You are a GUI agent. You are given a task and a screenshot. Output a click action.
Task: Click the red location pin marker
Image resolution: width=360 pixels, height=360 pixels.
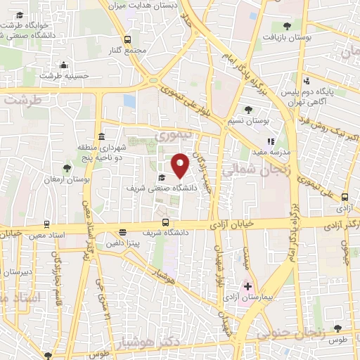pos(181,165)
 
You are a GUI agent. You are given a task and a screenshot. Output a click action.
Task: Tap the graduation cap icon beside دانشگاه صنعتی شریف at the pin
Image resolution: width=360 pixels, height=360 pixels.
pos(162,177)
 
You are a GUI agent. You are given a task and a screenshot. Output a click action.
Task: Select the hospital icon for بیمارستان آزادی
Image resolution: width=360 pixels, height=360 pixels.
pos(247,286)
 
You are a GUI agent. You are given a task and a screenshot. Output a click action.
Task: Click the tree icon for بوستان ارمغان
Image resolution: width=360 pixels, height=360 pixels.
pos(66,168)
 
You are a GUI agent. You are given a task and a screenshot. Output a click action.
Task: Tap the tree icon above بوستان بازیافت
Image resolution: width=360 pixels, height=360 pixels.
pos(286,26)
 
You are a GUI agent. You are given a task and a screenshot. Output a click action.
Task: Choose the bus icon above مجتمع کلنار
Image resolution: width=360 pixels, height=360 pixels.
pos(127,40)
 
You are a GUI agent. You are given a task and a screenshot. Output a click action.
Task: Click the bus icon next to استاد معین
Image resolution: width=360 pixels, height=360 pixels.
pos(46,224)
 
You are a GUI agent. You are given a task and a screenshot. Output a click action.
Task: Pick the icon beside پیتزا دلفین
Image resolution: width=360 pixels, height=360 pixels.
pos(123,232)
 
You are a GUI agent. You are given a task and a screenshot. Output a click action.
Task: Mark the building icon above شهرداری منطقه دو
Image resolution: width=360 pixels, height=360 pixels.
pos(103,136)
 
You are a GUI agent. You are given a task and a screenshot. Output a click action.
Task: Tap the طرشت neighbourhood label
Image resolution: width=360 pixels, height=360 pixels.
pos(22,101)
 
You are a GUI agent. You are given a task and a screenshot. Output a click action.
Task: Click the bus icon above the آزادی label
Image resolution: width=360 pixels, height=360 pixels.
pos(345,198)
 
